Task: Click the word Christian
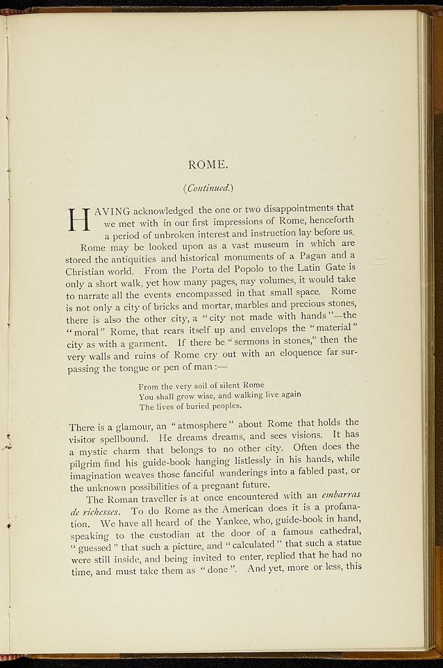88,269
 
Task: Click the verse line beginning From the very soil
201,385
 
